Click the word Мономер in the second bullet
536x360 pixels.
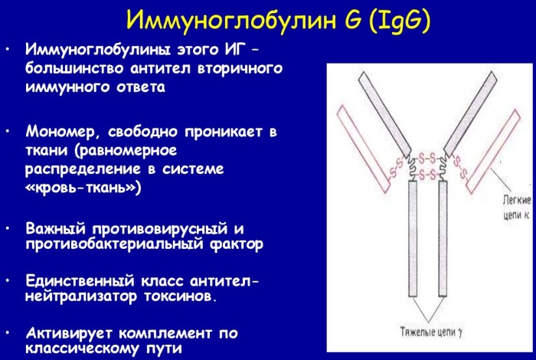pos(62,131)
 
